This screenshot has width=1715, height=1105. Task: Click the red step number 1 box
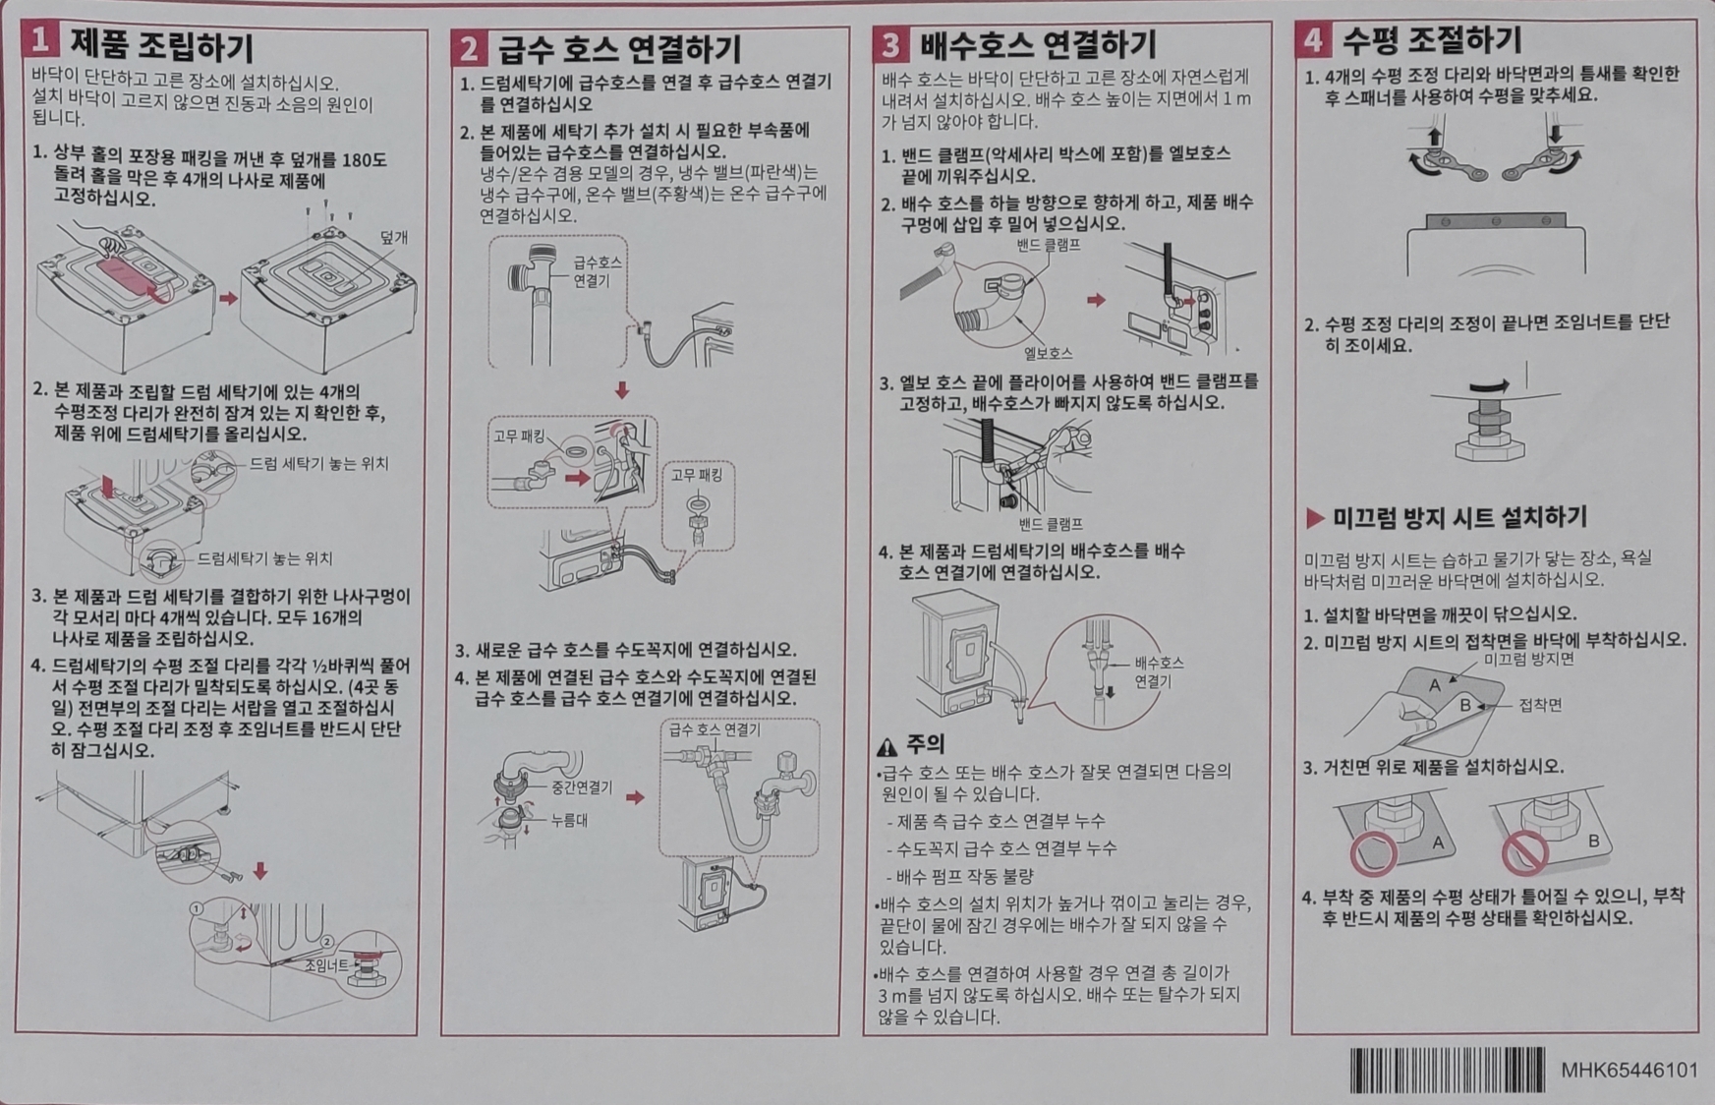point(40,40)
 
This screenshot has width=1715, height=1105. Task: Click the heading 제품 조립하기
point(162,45)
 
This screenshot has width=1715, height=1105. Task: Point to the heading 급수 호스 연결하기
point(620,48)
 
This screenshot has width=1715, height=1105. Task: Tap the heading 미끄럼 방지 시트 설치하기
point(1459,518)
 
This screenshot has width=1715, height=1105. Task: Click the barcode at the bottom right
point(1447,1070)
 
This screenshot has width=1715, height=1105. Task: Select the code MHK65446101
point(1629,1071)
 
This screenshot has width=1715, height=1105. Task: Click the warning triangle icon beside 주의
point(887,747)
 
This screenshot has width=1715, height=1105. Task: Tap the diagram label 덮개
point(393,238)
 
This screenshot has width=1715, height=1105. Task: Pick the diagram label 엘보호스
point(1048,353)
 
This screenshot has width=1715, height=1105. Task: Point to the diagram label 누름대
point(569,820)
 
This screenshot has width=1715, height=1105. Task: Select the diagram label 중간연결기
point(582,787)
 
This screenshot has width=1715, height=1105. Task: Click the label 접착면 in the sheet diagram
point(1540,705)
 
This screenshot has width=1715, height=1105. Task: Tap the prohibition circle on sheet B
point(1525,851)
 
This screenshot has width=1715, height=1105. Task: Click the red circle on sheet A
point(1373,853)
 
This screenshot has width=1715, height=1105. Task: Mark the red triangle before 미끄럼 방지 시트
point(1315,518)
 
